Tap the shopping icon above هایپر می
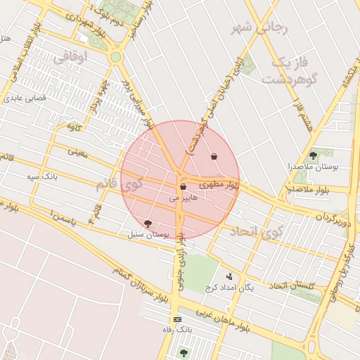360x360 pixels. [184, 187]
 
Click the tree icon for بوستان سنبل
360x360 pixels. [148, 223]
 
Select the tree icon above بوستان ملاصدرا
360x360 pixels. [313, 155]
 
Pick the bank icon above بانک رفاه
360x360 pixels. [176, 319]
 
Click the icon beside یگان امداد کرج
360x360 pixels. [229, 277]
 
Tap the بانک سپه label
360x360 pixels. [42, 176]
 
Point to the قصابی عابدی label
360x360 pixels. [26, 98]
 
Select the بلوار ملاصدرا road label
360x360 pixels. [309, 190]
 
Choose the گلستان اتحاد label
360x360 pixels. [293, 285]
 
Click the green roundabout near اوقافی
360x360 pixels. [116, 57]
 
